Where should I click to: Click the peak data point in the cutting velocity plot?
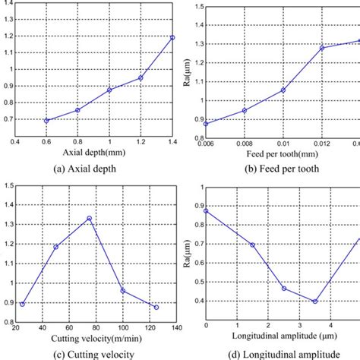pos(90,219)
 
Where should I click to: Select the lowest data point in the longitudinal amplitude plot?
pos(315,302)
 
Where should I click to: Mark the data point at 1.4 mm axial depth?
pos(172,37)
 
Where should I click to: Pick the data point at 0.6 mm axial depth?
pos(47,121)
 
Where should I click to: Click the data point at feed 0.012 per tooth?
pos(322,48)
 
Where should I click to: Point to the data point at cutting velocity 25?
pos(23,304)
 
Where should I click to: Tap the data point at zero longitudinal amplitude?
pos(206,210)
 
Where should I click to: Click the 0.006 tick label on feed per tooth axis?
pos(206,142)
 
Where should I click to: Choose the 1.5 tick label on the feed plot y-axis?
pos(196,7)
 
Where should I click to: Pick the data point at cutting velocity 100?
pos(122,290)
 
